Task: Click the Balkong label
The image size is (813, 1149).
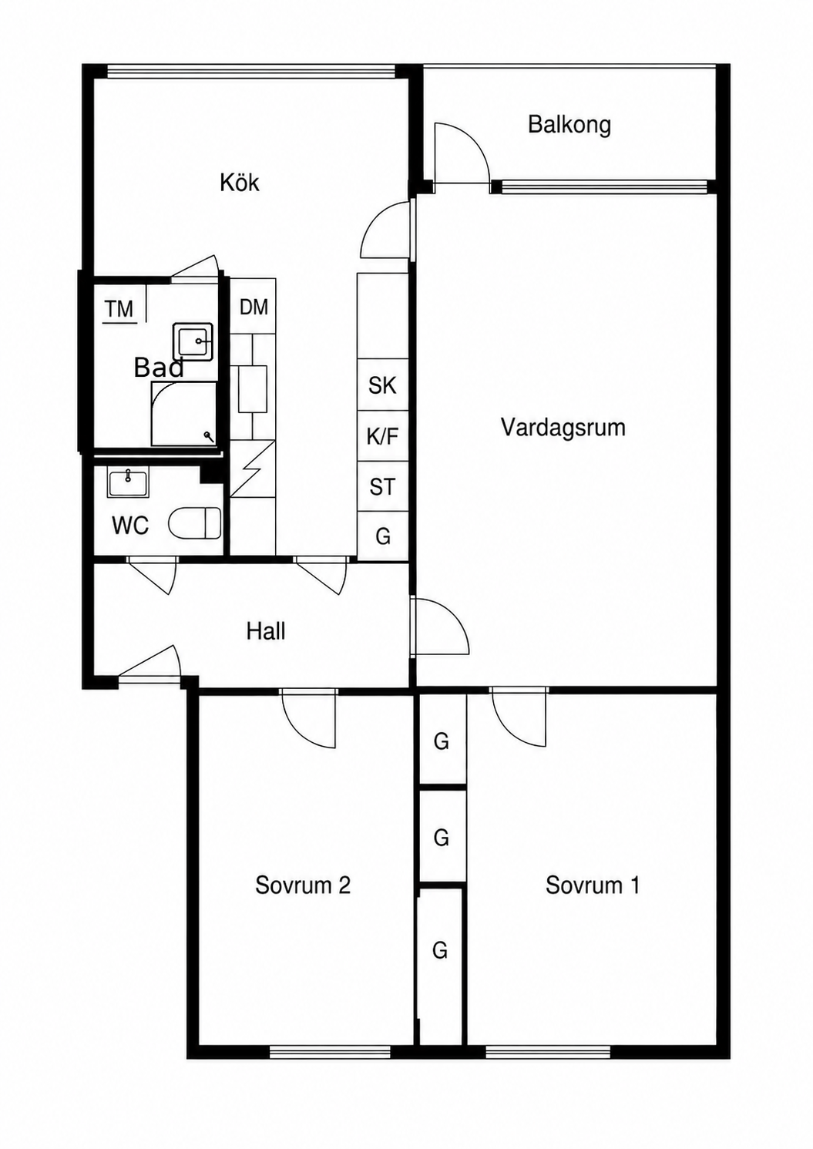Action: click(x=569, y=125)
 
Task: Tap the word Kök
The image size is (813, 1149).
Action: click(x=240, y=183)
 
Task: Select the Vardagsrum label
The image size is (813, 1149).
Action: click(x=563, y=427)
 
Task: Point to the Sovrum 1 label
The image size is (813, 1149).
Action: click(x=593, y=885)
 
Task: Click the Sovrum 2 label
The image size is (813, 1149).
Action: click(x=303, y=885)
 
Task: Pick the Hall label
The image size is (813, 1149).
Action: click(x=266, y=631)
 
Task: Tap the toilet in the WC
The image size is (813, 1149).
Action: click(x=195, y=522)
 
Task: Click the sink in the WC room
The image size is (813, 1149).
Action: click(x=127, y=482)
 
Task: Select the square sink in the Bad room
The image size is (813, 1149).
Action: click(x=193, y=341)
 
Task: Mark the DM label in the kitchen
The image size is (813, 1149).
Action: click(x=254, y=307)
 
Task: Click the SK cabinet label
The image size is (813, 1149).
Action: click(x=383, y=385)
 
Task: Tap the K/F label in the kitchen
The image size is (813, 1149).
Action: click(x=383, y=436)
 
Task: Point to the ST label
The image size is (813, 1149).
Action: click(x=383, y=487)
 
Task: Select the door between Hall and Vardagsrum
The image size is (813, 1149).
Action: click(x=439, y=626)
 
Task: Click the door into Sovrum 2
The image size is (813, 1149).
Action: click(x=309, y=718)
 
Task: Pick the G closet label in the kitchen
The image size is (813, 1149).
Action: click(x=383, y=536)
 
